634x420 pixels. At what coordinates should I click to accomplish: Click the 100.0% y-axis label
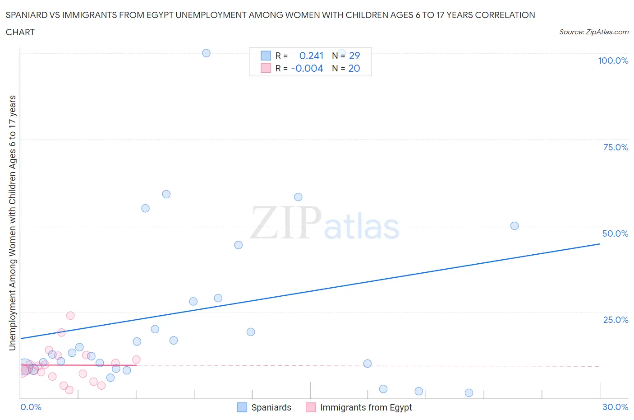[613, 61]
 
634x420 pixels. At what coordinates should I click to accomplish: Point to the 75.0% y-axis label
[616, 147]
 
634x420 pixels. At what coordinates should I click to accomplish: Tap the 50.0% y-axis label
[615, 233]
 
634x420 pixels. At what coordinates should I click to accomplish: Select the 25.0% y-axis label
[616, 320]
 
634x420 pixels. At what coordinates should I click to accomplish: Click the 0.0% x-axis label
[31, 407]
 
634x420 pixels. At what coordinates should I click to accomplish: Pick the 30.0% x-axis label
[615, 407]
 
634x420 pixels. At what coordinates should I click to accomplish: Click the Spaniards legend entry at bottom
[271, 407]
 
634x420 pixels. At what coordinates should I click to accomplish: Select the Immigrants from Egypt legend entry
[366, 407]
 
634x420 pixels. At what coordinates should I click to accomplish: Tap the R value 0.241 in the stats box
[311, 56]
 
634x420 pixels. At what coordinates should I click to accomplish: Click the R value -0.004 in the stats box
[307, 68]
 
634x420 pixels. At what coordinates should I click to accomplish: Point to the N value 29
[354, 56]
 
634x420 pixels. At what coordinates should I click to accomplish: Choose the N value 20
[354, 68]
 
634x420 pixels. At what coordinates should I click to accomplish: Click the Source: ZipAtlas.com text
[593, 32]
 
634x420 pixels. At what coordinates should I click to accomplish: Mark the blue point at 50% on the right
[515, 226]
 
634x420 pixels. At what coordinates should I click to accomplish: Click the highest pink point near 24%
[70, 316]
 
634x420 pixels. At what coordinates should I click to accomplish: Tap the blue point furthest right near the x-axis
[469, 393]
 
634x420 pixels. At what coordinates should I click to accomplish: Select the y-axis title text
[12, 223]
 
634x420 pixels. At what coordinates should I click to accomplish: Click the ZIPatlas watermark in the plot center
[325, 224]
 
